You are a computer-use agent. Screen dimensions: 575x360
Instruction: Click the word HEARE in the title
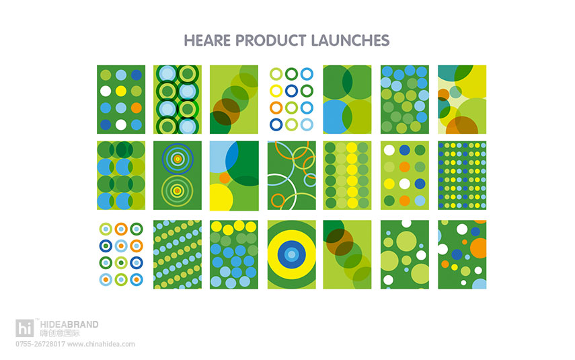pos(207,40)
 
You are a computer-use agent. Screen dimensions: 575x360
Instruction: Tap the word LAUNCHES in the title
pos(350,40)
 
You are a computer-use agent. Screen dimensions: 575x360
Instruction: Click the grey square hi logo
pos(25,328)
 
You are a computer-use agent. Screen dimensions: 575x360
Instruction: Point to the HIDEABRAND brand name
pos(69,324)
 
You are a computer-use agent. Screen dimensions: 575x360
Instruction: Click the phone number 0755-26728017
pos(40,345)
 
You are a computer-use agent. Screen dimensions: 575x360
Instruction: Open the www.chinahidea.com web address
pos(101,345)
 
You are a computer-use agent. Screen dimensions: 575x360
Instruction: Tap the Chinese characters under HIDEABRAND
pos(60,333)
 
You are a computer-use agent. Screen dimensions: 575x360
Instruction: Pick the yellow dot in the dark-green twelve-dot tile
pos(121,91)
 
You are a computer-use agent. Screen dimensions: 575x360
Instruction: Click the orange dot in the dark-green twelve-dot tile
pos(137,108)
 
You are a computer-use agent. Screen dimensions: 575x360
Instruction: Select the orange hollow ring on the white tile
pos(276,108)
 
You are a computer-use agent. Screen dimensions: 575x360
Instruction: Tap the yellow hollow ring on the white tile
pos(276,91)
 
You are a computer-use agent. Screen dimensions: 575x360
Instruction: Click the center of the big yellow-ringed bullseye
pos(291,254)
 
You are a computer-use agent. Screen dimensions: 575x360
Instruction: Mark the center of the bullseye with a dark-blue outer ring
pos(178,159)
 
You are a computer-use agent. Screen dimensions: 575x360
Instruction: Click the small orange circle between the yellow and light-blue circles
pos(225,178)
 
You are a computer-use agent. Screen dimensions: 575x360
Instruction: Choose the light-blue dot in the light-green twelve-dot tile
pos(420,201)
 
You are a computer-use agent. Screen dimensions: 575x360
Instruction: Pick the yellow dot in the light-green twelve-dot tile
pos(389,184)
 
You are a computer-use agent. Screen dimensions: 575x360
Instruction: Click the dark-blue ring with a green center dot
pos(106,246)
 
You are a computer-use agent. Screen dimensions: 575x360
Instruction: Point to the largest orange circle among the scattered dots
pos(479,248)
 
